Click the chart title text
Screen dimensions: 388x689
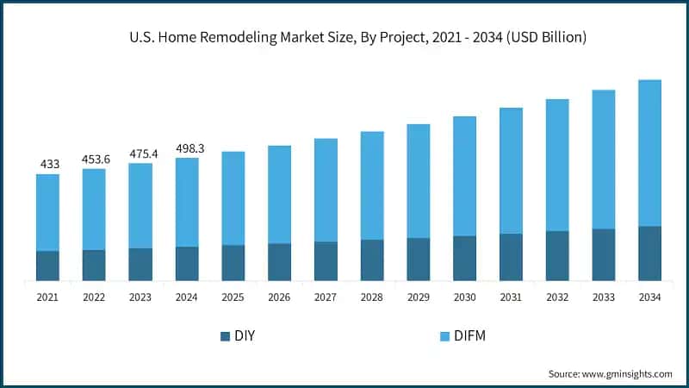pos(344,37)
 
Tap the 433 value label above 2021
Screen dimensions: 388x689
pos(48,164)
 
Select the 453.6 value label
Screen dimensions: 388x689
pos(94,158)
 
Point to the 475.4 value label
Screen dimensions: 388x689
pos(140,153)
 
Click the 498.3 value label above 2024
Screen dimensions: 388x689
pos(187,147)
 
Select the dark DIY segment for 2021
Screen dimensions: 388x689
pos(48,266)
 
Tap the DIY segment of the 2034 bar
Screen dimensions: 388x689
pos(649,253)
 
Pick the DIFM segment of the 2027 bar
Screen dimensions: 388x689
pos(326,190)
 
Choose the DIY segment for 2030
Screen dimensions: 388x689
pos(465,258)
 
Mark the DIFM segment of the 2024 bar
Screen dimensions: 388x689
pos(187,202)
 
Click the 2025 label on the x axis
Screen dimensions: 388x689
pos(233,297)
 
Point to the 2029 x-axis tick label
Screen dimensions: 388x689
pos(419,297)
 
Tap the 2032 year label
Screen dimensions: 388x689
pos(557,297)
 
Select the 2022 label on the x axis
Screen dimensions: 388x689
pos(94,297)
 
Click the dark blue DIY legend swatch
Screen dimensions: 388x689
pos(226,335)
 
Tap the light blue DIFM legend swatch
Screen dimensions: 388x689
pos(445,335)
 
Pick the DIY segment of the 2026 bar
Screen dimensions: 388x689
pos(279,262)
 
